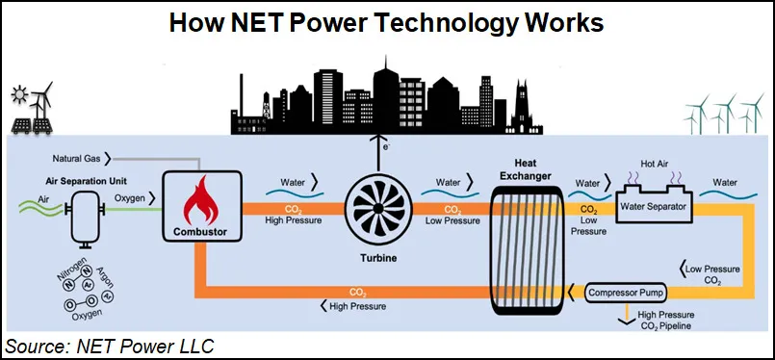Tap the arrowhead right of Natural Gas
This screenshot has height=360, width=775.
pyautogui.click(x=108, y=155)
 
